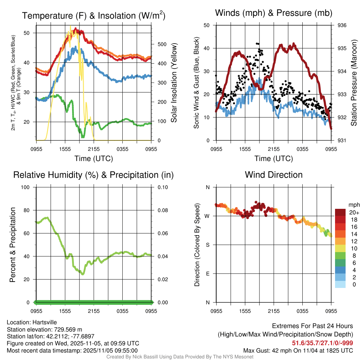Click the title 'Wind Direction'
(x=274, y=175)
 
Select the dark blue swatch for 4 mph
(x=340, y=270)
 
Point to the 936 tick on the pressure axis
(x=342, y=25)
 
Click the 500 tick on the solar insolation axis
(x=162, y=44)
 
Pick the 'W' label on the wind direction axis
(x=207, y=216)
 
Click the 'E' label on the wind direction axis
(x=208, y=274)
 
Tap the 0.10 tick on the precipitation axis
(x=162, y=187)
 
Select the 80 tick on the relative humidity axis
(x=29, y=210)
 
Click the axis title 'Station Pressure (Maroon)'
(x=354, y=83)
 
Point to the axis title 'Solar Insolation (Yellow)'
(x=174, y=83)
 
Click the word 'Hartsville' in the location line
(x=45, y=322)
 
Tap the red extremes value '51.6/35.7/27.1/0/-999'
(x=322, y=343)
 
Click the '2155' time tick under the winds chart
(x=274, y=149)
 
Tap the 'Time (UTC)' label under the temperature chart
(x=94, y=159)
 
